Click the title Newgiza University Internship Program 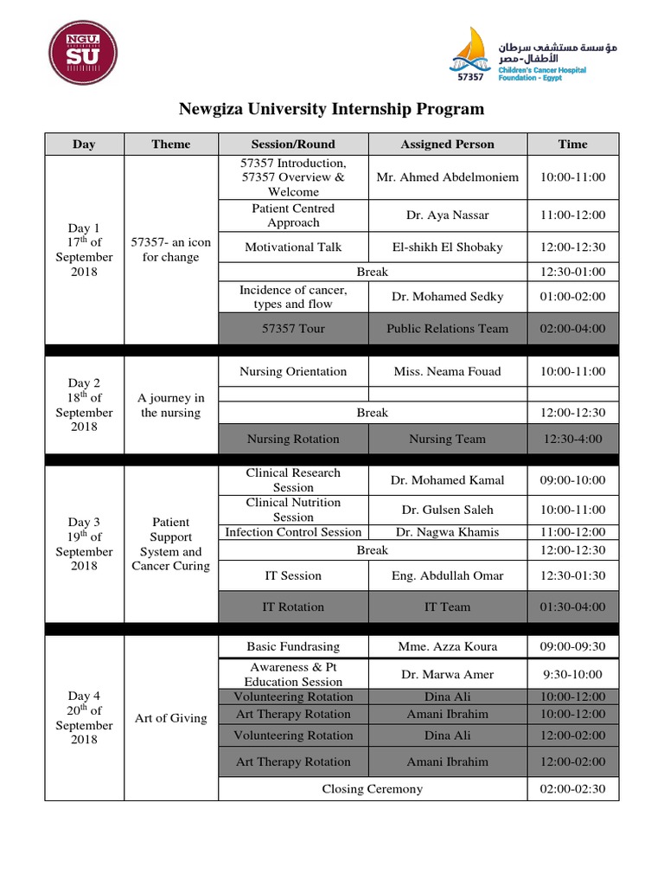tap(331, 109)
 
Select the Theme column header tap(171, 144)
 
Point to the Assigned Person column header tap(447, 144)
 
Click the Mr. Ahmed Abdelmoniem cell tap(447, 177)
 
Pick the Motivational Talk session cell tap(293, 247)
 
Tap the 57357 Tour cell tap(293, 329)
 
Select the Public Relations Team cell tap(447, 329)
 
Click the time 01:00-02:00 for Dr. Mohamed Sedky tap(572, 297)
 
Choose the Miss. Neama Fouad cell tap(447, 372)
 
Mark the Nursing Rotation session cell tap(293, 439)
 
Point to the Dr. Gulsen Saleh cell tap(447, 510)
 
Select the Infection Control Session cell tap(293, 532)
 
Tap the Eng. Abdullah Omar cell tap(447, 575)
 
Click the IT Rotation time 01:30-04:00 tap(572, 607)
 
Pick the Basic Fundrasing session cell tap(293, 646)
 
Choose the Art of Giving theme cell tap(171, 718)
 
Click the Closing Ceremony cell tap(372, 789)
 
